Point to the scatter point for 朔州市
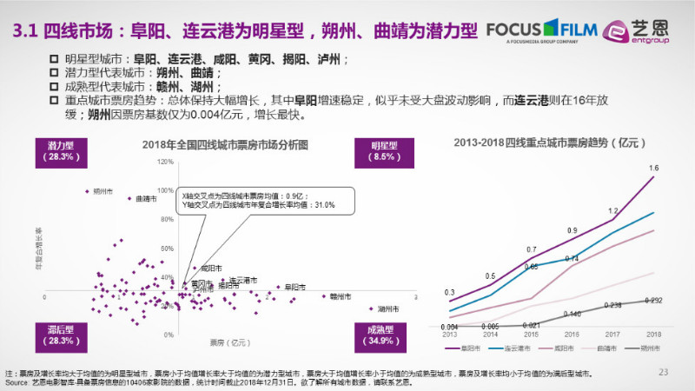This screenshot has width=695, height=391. [x=87, y=191]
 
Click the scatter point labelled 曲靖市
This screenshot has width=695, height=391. [x=129, y=199]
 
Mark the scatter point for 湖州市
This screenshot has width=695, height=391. [x=371, y=308]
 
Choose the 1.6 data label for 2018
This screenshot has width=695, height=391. [x=653, y=169]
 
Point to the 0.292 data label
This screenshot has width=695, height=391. [x=653, y=301]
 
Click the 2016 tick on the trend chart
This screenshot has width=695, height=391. [x=572, y=334]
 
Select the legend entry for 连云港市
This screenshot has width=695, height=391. [x=518, y=348]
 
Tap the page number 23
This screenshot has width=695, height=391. [x=664, y=373]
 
